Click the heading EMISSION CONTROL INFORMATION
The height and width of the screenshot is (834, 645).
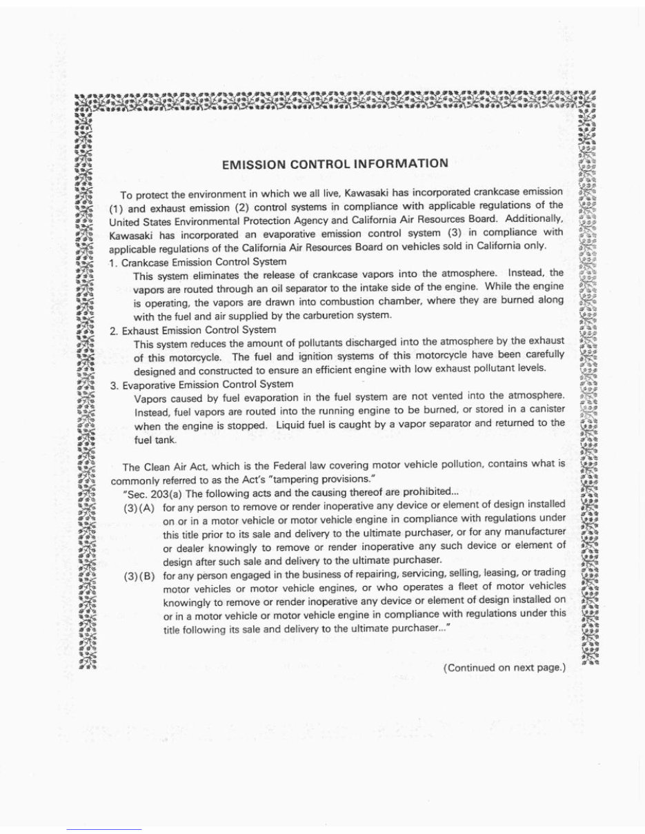pyautogui.click(x=335, y=165)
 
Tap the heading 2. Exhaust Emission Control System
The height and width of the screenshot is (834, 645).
pyautogui.click(x=194, y=330)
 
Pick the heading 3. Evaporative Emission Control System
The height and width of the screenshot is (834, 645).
pyautogui.click(x=203, y=384)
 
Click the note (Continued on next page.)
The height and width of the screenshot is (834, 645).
pyautogui.click(x=504, y=667)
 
